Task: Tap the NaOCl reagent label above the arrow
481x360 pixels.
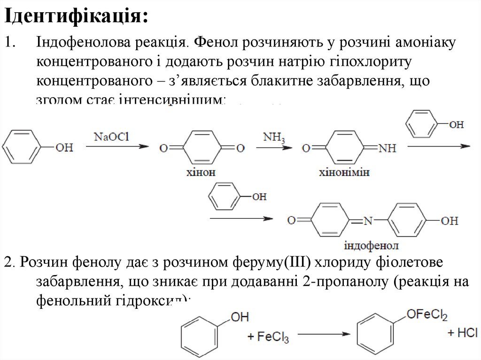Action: (x=111, y=137)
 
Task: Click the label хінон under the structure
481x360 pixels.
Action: (x=203, y=172)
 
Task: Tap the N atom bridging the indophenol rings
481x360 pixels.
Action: (x=369, y=220)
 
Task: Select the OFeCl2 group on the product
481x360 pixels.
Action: (x=427, y=314)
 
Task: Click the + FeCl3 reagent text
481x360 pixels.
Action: (x=268, y=337)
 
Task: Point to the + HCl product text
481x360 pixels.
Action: (x=462, y=333)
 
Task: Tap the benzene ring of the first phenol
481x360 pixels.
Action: (x=23, y=147)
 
